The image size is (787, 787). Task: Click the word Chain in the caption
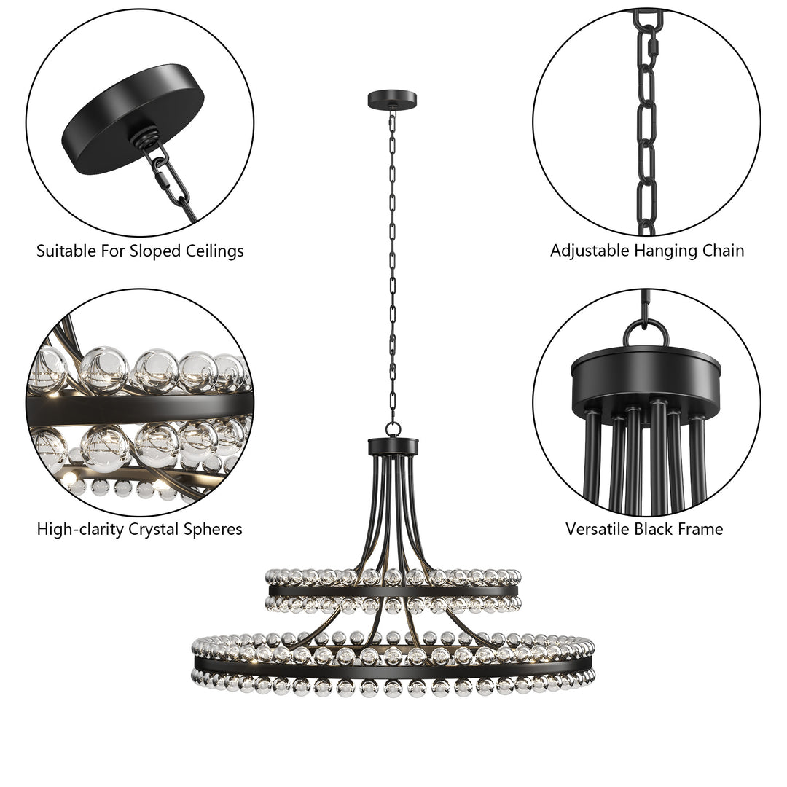click(x=724, y=251)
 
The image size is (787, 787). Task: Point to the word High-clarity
click(x=81, y=530)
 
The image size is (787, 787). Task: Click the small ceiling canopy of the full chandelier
click(x=392, y=99)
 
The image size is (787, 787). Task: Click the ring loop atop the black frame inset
click(x=646, y=332)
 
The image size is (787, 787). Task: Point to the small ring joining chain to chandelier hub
click(x=393, y=429)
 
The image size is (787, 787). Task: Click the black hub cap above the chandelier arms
click(x=393, y=446)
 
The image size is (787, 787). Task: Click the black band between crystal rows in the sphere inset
click(x=138, y=408)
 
